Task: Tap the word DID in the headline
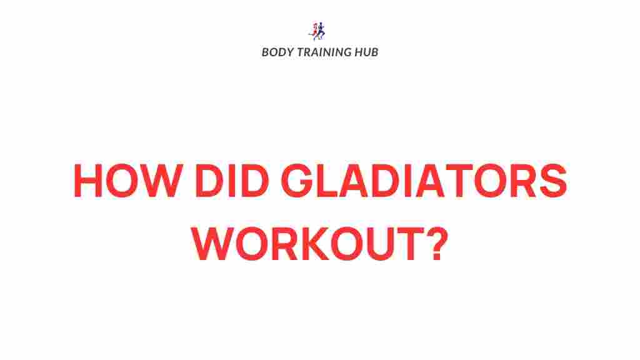click(220, 182)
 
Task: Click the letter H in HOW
click(89, 182)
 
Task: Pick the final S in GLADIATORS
click(551, 182)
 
